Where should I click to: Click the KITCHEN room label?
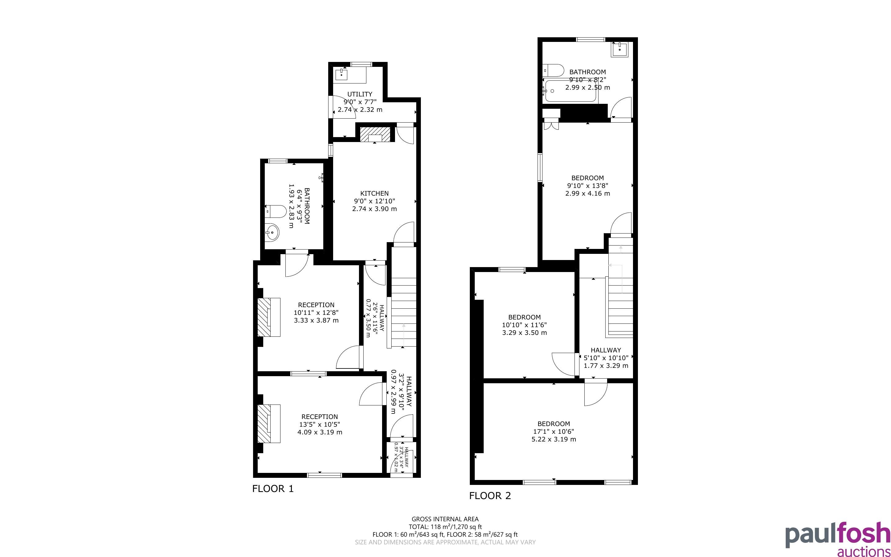[374, 193]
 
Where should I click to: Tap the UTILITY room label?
[360, 94]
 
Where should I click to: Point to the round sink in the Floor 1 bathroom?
[272, 233]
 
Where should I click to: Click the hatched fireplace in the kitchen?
[375, 134]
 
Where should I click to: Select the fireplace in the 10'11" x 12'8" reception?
[269, 317]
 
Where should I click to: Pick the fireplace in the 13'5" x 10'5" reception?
[269, 424]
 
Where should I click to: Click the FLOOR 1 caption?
[273, 489]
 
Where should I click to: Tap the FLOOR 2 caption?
[490, 496]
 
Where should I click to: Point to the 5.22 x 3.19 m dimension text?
[554, 439]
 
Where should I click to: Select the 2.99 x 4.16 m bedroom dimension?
[587, 193]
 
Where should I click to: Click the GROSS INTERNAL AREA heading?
[445, 519]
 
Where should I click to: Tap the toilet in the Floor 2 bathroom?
[553, 70]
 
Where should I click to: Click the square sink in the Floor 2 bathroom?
[620, 49]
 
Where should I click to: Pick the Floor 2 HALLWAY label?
[606, 350]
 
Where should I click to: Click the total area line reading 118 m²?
[445, 527]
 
